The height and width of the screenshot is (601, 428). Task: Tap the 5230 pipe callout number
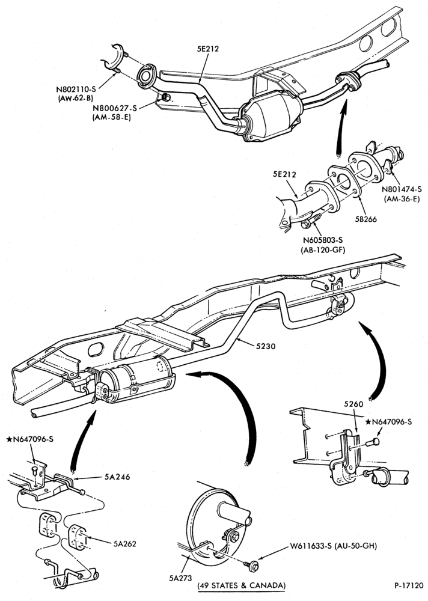tap(265, 346)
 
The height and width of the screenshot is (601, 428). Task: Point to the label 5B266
tap(365, 219)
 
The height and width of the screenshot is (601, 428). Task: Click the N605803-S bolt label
tap(323, 240)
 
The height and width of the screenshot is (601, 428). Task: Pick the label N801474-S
tap(402, 189)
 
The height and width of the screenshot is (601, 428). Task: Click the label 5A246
tap(117, 477)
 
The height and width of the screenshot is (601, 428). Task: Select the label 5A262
tap(125, 543)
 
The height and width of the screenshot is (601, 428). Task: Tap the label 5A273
tap(180, 579)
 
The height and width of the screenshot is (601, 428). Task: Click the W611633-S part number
tap(311, 546)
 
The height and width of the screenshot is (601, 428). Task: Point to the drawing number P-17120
tap(408, 585)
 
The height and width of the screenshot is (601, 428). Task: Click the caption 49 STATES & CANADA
tap(242, 585)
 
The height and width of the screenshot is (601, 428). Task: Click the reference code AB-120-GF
tap(323, 250)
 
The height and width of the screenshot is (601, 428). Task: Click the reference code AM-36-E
tap(402, 198)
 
